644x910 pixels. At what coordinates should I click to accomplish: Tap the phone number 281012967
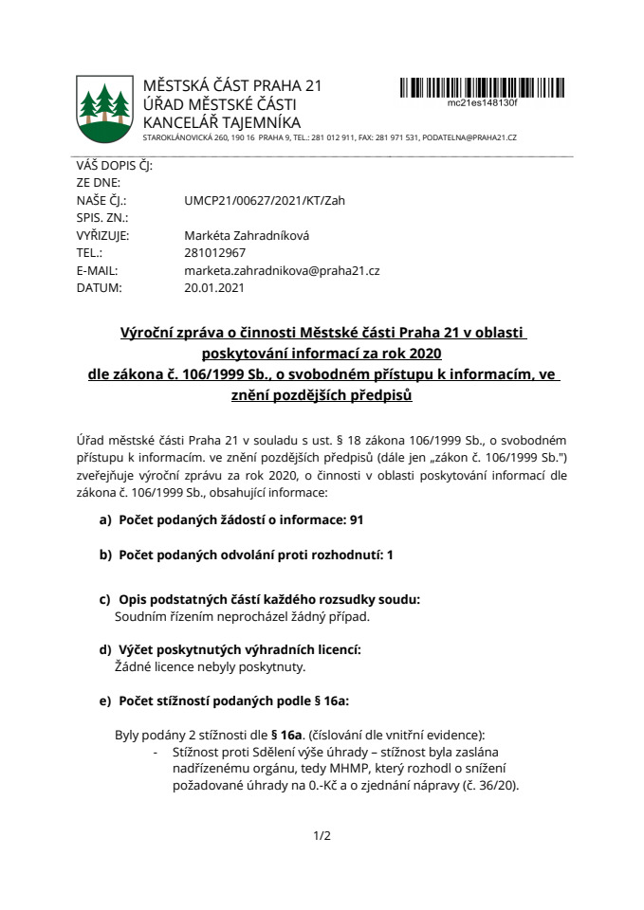coord(215,253)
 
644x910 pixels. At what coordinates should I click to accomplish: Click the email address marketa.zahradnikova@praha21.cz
coord(282,270)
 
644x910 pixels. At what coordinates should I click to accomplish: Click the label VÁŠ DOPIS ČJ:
coord(115,166)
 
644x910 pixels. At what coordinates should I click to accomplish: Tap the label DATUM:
coord(99,287)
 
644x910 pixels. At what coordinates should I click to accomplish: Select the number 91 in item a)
coord(357,520)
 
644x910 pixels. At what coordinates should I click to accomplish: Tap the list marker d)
coord(105,649)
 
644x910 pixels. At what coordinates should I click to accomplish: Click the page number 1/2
coord(322,836)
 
